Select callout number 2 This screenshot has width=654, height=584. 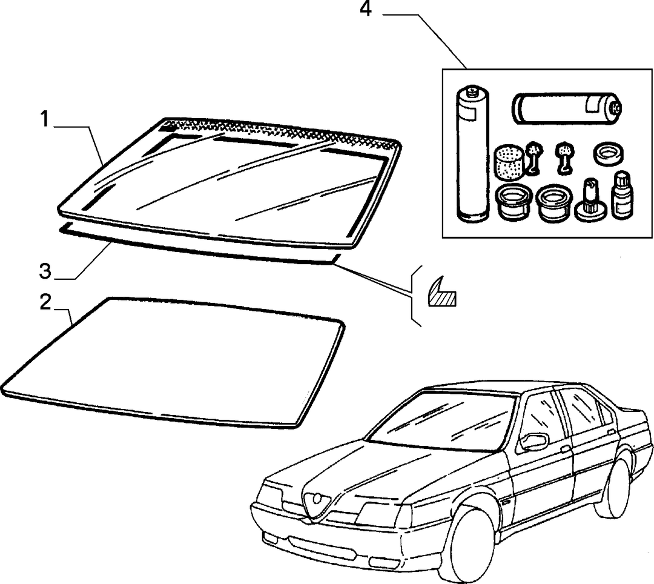pyautogui.click(x=45, y=302)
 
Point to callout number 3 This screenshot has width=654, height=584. pyautogui.click(x=45, y=271)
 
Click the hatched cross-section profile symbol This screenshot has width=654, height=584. pyautogui.click(x=442, y=293)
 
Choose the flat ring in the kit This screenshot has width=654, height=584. pyautogui.click(x=608, y=154)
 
